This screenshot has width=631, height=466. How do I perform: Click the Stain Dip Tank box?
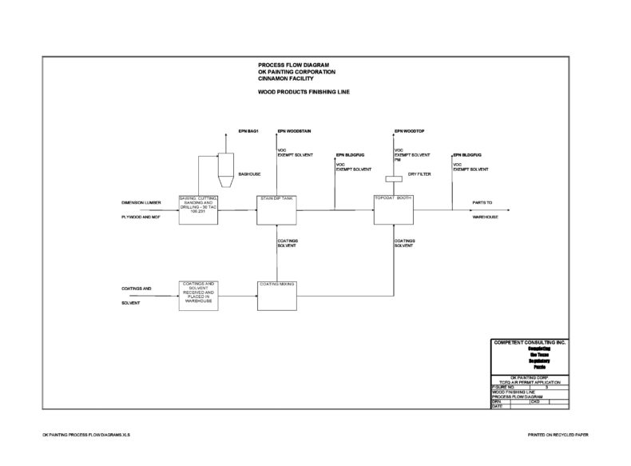point(276,210)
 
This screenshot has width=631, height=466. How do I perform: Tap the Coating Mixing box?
point(276,295)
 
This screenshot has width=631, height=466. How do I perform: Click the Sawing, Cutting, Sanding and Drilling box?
point(198,210)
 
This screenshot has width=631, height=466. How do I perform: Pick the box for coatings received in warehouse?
point(198,295)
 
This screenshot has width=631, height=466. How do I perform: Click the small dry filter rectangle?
point(393,179)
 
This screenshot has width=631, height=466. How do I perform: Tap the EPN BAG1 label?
point(249,129)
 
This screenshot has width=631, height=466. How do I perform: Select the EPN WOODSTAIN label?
point(295,129)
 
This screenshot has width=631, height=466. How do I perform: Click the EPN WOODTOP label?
point(410,129)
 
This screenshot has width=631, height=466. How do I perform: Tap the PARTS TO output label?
point(482,203)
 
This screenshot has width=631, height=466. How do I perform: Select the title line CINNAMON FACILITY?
point(281,79)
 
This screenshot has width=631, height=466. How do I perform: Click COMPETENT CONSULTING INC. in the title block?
point(529,342)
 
